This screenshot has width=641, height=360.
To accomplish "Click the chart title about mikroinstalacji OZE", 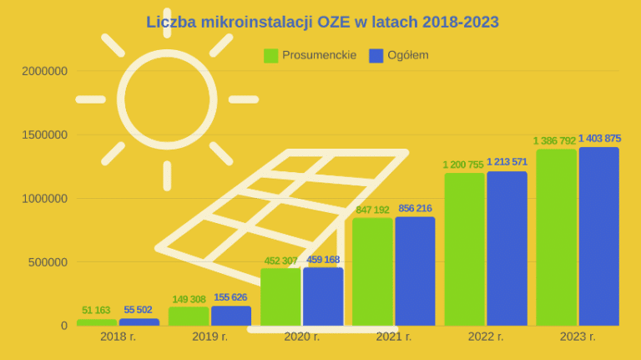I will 322,22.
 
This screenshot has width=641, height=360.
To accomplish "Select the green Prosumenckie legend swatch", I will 271,55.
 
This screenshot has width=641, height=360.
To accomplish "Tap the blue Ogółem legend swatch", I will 376,55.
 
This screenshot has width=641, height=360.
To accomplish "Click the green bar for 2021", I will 372,271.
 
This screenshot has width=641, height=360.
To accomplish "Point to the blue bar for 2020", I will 323,297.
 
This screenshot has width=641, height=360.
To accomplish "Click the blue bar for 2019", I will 231,316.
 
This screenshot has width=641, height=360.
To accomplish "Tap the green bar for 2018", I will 97,322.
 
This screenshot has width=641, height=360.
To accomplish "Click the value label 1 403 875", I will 599,139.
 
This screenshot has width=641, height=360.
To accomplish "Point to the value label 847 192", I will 372,210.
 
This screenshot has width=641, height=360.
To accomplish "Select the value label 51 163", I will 97,311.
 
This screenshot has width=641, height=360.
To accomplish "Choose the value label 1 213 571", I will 507,163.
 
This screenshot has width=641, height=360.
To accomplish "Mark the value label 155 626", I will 231,298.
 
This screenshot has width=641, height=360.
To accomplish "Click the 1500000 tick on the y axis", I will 44,135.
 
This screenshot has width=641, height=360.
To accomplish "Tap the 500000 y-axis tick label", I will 48,262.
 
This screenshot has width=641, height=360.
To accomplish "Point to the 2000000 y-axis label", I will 44,72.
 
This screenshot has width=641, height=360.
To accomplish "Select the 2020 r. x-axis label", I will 301,337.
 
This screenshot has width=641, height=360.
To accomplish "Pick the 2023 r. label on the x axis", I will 577,337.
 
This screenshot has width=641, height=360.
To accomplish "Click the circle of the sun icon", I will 167,99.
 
